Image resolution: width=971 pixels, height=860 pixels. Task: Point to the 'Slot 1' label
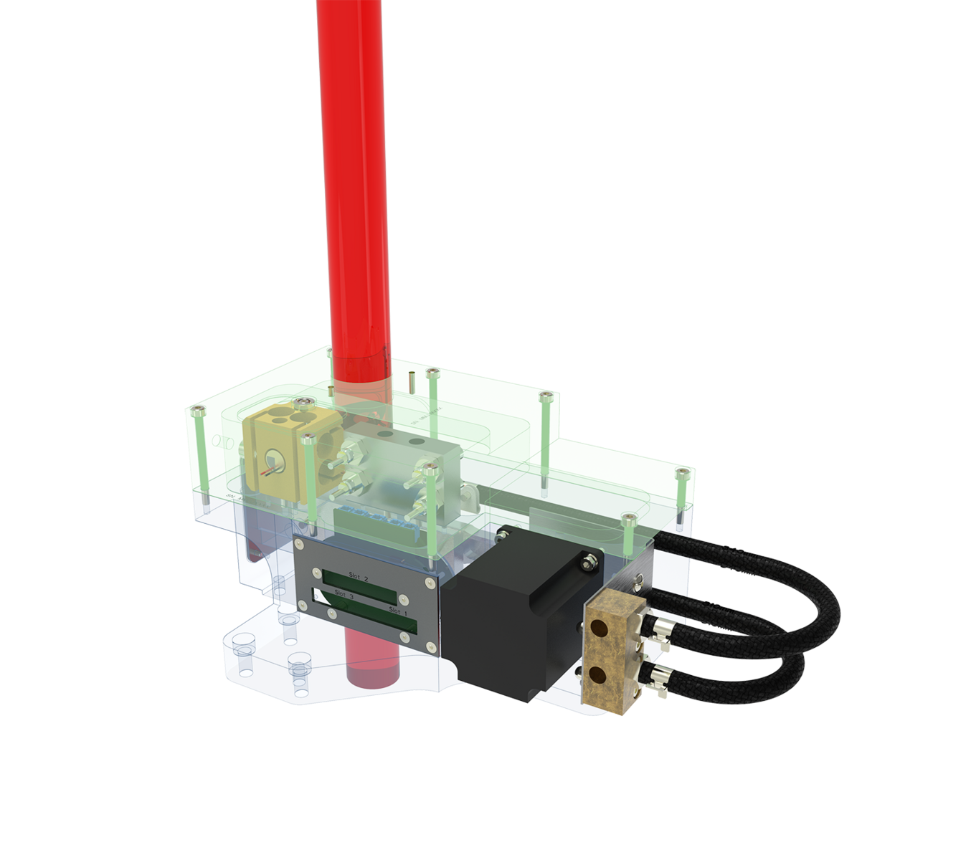(x=398, y=611)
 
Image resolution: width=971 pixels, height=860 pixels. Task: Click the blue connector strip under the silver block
(x=373, y=522)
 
